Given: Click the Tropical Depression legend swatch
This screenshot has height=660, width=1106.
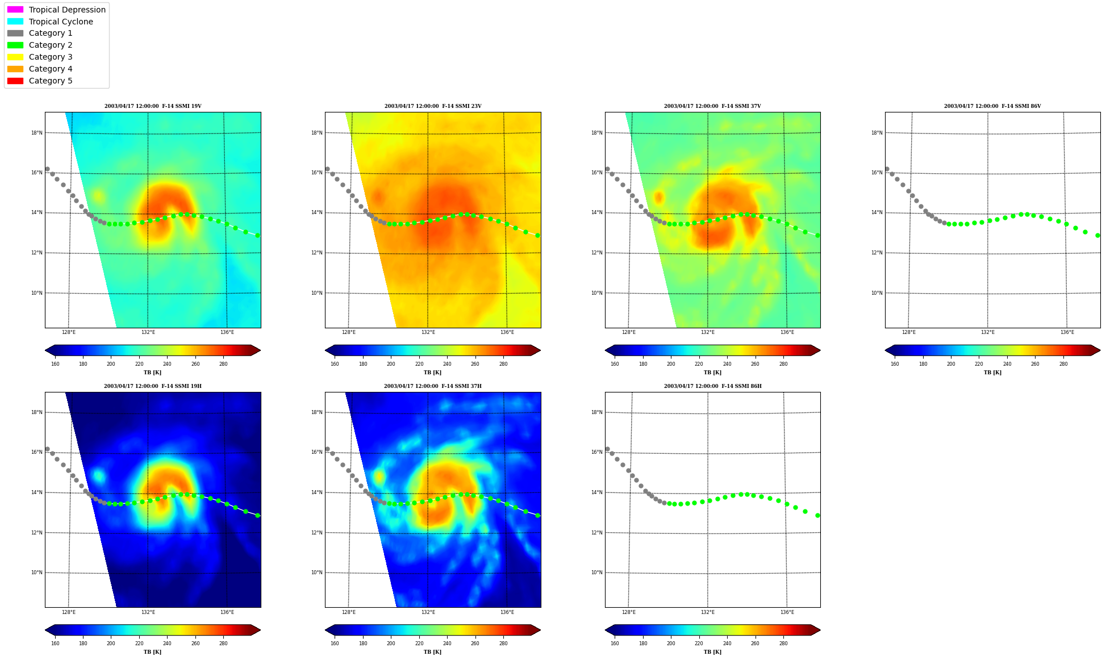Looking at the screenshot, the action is (15, 10).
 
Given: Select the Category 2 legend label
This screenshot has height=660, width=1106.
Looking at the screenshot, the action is (51, 45).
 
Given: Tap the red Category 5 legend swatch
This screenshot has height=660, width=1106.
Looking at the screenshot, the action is (15, 81).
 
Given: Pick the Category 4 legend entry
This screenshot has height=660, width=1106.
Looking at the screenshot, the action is (51, 69).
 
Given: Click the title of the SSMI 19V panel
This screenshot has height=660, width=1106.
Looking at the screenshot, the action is (153, 106).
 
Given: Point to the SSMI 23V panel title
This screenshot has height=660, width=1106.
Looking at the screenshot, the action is (433, 106).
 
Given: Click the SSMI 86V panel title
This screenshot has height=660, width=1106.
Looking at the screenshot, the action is (992, 106).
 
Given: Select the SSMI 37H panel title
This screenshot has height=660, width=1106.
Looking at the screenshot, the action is (433, 386).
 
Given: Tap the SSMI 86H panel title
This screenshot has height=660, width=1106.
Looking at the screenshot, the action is (713, 386).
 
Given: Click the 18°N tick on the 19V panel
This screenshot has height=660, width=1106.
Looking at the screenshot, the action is (37, 133).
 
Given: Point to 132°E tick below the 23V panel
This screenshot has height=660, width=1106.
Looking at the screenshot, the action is (428, 333).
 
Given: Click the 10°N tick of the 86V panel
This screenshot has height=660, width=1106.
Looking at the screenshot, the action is (877, 293).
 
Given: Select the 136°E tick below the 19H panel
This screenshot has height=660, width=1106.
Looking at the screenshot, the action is (227, 612).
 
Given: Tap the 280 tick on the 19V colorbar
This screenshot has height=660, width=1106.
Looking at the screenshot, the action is (223, 364).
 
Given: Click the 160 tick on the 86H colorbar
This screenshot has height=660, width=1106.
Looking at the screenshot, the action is (615, 644).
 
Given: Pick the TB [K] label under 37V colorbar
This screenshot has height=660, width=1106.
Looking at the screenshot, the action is (712, 373).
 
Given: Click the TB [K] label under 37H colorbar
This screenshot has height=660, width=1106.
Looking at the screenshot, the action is (432, 652).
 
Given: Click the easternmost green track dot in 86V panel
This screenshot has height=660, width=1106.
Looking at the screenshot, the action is (1097, 235).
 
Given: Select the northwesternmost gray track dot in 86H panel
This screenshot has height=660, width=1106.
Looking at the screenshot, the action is (607, 449).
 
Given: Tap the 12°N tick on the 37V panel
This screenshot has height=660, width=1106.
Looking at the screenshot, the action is (597, 253).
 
